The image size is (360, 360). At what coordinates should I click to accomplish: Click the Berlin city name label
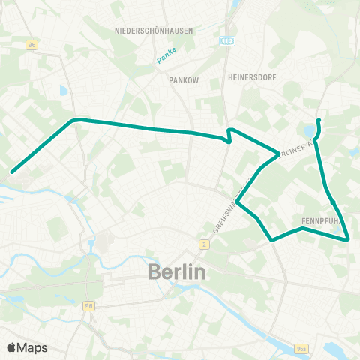tap(177, 272)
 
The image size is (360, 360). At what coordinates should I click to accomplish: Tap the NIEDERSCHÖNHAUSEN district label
tap(154, 31)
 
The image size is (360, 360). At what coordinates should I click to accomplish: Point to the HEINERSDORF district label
tap(248, 77)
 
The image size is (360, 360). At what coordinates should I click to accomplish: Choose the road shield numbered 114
tap(227, 42)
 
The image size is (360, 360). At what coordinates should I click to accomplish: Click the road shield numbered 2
tap(203, 244)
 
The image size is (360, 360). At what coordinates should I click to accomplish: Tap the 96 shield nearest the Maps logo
tap(89, 305)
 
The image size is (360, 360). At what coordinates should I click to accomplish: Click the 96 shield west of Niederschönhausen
tap(31, 44)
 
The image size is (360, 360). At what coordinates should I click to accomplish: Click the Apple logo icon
tap(13, 347)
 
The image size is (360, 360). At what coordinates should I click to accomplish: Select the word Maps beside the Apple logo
tap(33, 347)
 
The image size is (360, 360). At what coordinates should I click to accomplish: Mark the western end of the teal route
tap(12, 172)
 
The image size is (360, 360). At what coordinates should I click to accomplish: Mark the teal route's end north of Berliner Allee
tap(319, 120)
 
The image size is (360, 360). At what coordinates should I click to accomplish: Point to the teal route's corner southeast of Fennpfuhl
tap(349, 238)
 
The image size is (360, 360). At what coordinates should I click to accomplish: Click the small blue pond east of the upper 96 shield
tap(62, 91)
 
